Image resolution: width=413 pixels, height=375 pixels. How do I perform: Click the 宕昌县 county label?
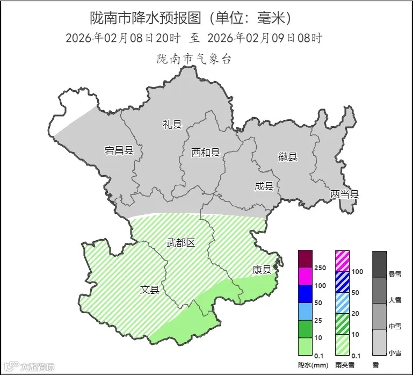point(119,150)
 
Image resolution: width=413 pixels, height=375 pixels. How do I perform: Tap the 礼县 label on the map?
point(172,125)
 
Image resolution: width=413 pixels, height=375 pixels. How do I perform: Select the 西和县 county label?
point(206,153)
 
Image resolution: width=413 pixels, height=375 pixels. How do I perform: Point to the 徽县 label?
point(287,157)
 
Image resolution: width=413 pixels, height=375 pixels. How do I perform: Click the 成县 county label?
point(264,186)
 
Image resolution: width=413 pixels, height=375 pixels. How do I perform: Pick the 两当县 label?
point(344,194)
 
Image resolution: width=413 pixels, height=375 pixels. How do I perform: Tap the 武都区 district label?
point(180,242)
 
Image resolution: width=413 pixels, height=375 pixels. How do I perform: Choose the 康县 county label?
point(262,270)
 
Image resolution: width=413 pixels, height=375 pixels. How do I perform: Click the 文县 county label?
point(150,289)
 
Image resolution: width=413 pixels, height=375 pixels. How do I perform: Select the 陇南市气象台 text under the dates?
point(194,59)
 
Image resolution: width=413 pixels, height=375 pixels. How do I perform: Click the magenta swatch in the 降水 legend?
point(305,276)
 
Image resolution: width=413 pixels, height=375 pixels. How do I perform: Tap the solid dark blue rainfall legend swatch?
point(305,294)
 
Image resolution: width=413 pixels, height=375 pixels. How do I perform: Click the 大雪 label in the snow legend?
point(395,300)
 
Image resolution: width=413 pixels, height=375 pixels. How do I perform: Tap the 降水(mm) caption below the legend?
point(313,365)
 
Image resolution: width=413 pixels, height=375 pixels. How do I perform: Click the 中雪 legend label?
point(395,326)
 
